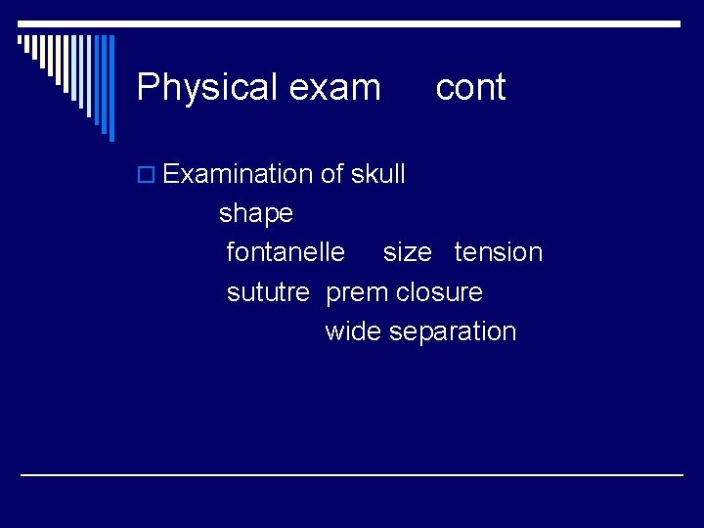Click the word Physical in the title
click(x=200, y=88)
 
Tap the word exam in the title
click(x=335, y=88)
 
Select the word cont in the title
click(x=470, y=88)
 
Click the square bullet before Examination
click(x=147, y=175)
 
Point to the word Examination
click(x=238, y=174)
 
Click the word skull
click(x=376, y=174)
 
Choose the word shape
click(x=256, y=213)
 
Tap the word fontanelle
click(x=286, y=252)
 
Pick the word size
click(x=407, y=252)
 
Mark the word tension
click(x=499, y=252)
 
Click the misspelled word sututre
click(x=268, y=292)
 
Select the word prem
click(x=356, y=292)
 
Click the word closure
click(x=439, y=292)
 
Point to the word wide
click(x=353, y=331)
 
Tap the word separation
click(x=453, y=331)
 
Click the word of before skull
click(x=331, y=174)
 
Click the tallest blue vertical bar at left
click(x=110, y=88)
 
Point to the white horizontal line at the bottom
click(x=352, y=474)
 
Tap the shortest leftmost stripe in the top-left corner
click(x=20, y=40)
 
